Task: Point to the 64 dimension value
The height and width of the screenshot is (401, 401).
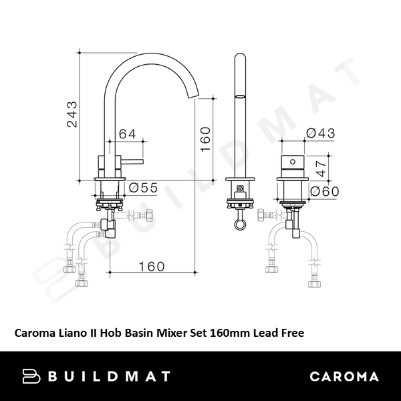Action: [x=128, y=134]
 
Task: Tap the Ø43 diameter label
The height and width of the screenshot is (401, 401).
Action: [x=319, y=134]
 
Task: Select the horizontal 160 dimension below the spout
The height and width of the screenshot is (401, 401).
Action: [x=152, y=267]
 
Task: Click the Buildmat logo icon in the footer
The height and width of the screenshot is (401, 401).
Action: [x=32, y=376]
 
